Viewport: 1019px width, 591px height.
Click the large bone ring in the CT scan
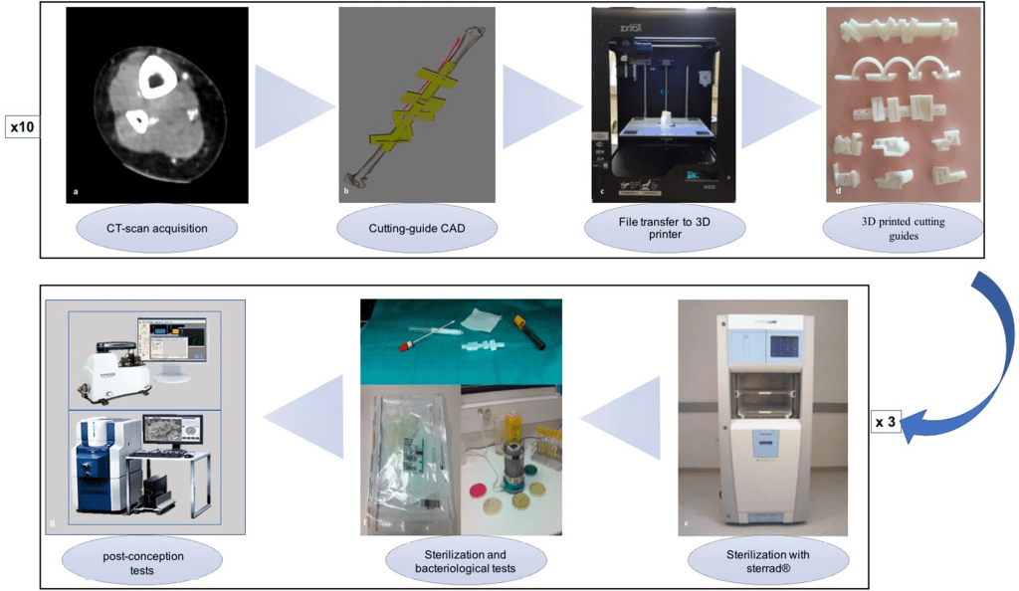tap(156, 78)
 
